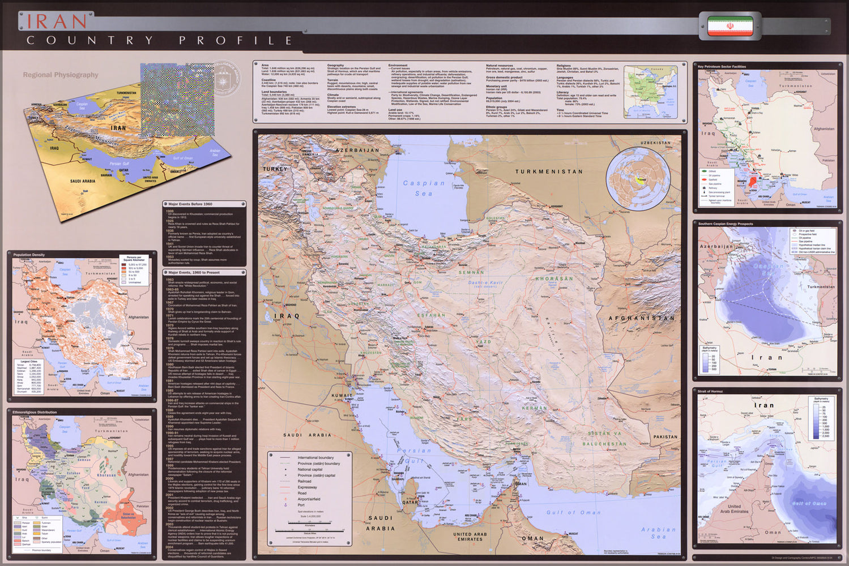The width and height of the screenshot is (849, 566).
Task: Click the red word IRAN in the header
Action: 57,21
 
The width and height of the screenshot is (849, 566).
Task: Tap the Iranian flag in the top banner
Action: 730,25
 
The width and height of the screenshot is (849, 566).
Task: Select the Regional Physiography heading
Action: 61,75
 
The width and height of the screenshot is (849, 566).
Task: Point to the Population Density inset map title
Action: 29,255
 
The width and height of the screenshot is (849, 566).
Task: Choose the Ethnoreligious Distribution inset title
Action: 35,412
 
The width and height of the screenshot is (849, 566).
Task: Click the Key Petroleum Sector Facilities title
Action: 722,66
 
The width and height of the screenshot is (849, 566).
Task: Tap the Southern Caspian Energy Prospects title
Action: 726,224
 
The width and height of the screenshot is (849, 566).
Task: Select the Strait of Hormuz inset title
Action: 710,391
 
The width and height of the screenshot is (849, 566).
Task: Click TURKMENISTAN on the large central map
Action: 548,171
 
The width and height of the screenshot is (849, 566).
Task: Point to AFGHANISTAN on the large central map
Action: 641,318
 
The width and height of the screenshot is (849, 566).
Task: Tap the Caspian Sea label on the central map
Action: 424,188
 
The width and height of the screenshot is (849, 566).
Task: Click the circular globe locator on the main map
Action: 638,179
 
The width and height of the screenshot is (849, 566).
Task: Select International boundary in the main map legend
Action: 315,457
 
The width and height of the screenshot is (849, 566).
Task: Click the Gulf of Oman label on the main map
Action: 573,512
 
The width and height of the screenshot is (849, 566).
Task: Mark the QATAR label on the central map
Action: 410,502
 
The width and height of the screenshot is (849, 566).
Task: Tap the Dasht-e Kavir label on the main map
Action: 485,282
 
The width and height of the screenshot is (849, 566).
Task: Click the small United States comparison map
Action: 650,92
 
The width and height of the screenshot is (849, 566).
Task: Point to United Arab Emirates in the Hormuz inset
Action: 734,509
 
